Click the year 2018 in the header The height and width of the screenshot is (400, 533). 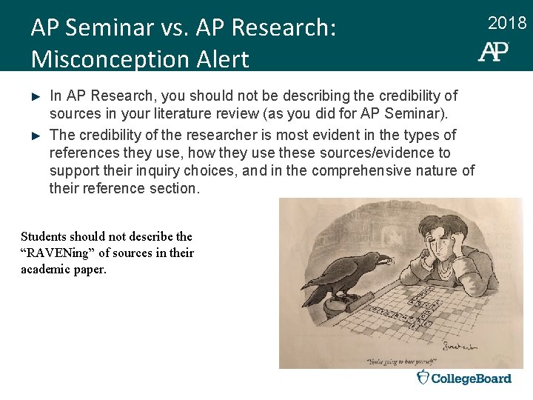pyautogui.click(x=507, y=24)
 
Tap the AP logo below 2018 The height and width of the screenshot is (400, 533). pyautogui.click(x=494, y=51)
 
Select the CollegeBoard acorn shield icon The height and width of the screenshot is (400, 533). pyautogui.click(x=423, y=378)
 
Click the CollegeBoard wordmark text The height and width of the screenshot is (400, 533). pyautogui.click(x=472, y=379)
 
